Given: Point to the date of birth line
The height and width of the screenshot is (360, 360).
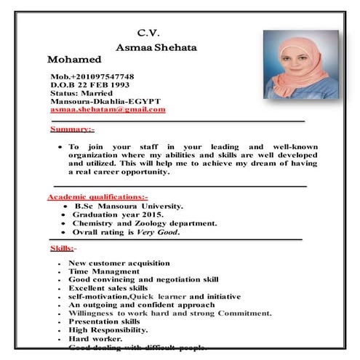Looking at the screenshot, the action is (90, 85).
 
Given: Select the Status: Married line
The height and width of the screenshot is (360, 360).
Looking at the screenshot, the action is (82, 94).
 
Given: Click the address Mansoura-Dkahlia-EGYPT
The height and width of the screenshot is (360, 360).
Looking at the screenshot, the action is (105, 101).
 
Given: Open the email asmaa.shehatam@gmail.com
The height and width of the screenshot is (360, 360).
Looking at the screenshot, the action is (108, 109).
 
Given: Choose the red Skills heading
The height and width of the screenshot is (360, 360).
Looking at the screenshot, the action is (62, 248).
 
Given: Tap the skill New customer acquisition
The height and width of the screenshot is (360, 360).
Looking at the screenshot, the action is (119, 263).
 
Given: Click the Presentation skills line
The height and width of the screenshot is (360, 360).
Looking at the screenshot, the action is (104, 321).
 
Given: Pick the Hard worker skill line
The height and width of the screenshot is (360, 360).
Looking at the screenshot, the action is (95, 338).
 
